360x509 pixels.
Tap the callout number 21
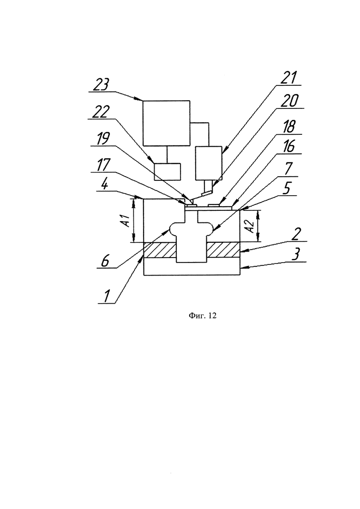coord(288,78)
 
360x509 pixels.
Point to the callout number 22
coord(101,113)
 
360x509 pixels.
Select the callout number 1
coord(106,296)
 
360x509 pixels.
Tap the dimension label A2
coord(250,226)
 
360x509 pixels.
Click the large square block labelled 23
coord(167,123)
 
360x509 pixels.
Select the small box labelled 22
coord(167,172)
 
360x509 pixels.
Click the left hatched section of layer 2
coord(160,250)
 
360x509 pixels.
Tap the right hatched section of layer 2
coord(224,250)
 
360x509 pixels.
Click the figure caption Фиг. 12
coord(203,316)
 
